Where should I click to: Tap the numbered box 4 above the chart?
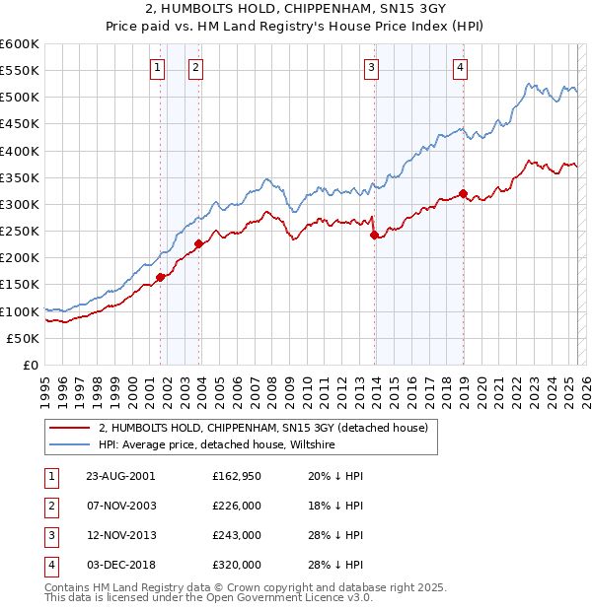pos(461,67)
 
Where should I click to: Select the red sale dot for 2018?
pos(463,194)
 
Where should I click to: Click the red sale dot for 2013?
pos(374,235)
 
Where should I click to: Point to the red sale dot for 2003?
pos(198,243)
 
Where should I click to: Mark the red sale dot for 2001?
pos(160,277)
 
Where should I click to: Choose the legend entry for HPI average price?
pos(217,445)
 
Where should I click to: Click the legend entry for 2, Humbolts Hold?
pos(262,428)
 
